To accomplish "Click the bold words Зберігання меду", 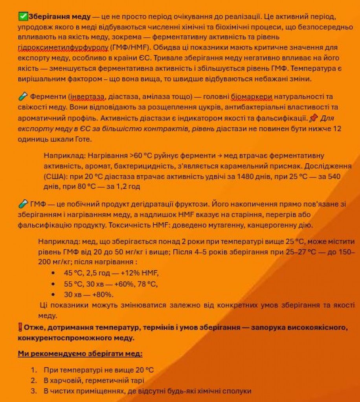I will [x=59, y=17].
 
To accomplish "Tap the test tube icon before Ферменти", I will [x=22, y=97].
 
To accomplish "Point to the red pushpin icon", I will [x=313, y=118].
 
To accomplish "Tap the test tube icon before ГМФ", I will [x=22, y=204].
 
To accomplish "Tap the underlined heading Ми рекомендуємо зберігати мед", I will [x=80, y=354].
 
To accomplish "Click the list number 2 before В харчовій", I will [x=34, y=380].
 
